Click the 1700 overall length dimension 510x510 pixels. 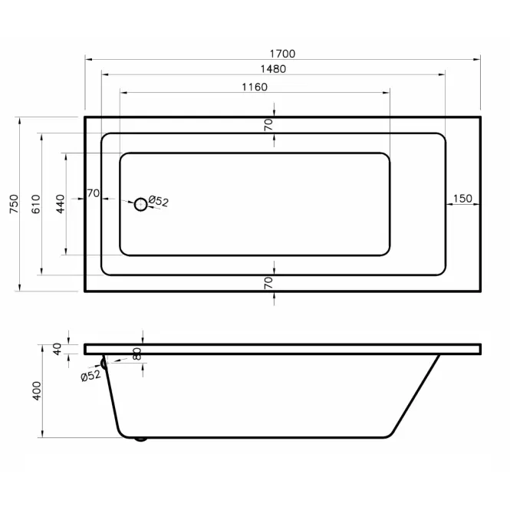coord(283,54)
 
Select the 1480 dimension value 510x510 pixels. coord(273,69)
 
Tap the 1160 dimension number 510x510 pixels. coord(255,87)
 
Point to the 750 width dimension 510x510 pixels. coord(15,204)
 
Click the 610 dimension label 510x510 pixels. coord(36,204)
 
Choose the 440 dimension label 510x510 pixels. coord(61,204)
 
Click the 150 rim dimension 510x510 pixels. coord(462,199)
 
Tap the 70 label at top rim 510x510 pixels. coord(268,124)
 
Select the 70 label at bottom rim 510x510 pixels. coord(268,283)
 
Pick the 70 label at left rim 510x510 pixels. coord(94,193)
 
